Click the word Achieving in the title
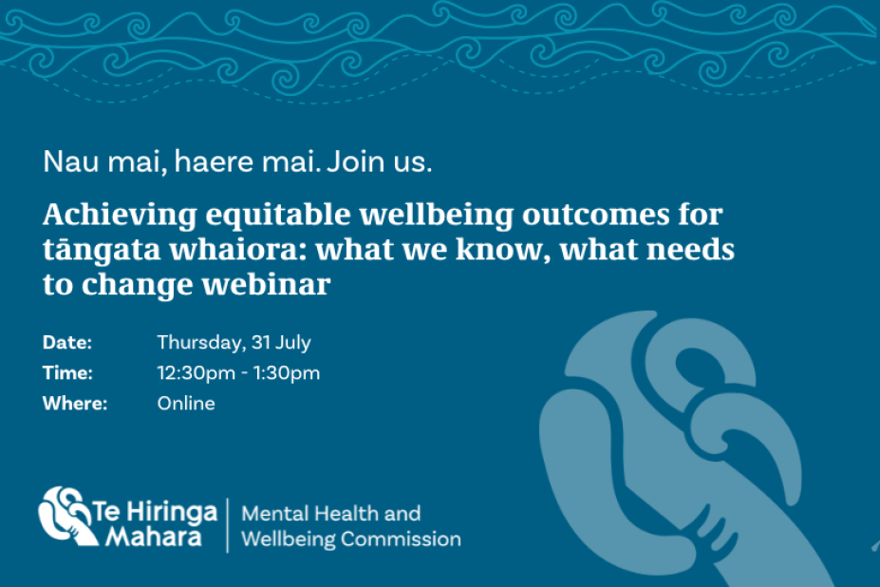pyautogui.click(x=120, y=216)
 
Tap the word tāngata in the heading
pyautogui.click(x=102, y=250)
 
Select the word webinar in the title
pyautogui.click(x=266, y=284)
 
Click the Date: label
pyautogui.click(x=67, y=342)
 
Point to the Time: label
pyautogui.click(x=68, y=373)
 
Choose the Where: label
pyautogui.click(x=75, y=404)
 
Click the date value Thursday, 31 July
pyautogui.click(x=234, y=343)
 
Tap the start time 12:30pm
pyautogui.click(x=197, y=373)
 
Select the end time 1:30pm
pyautogui.click(x=287, y=373)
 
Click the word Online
pyautogui.click(x=186, y=404)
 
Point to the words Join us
pyautogui.click(x=380, y=161)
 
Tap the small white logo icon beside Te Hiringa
pyautogui.click(x=66, y=516)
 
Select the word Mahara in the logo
pyautogui.click(x=154, y=537)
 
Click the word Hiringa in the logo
pyautogui.click(x=171, y=512)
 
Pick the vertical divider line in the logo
pyautogui.click(x=228, y=525)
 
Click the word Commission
pyautogui.click(x=401, y=540)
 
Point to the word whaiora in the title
pyautogui.click(x=238, y=250)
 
